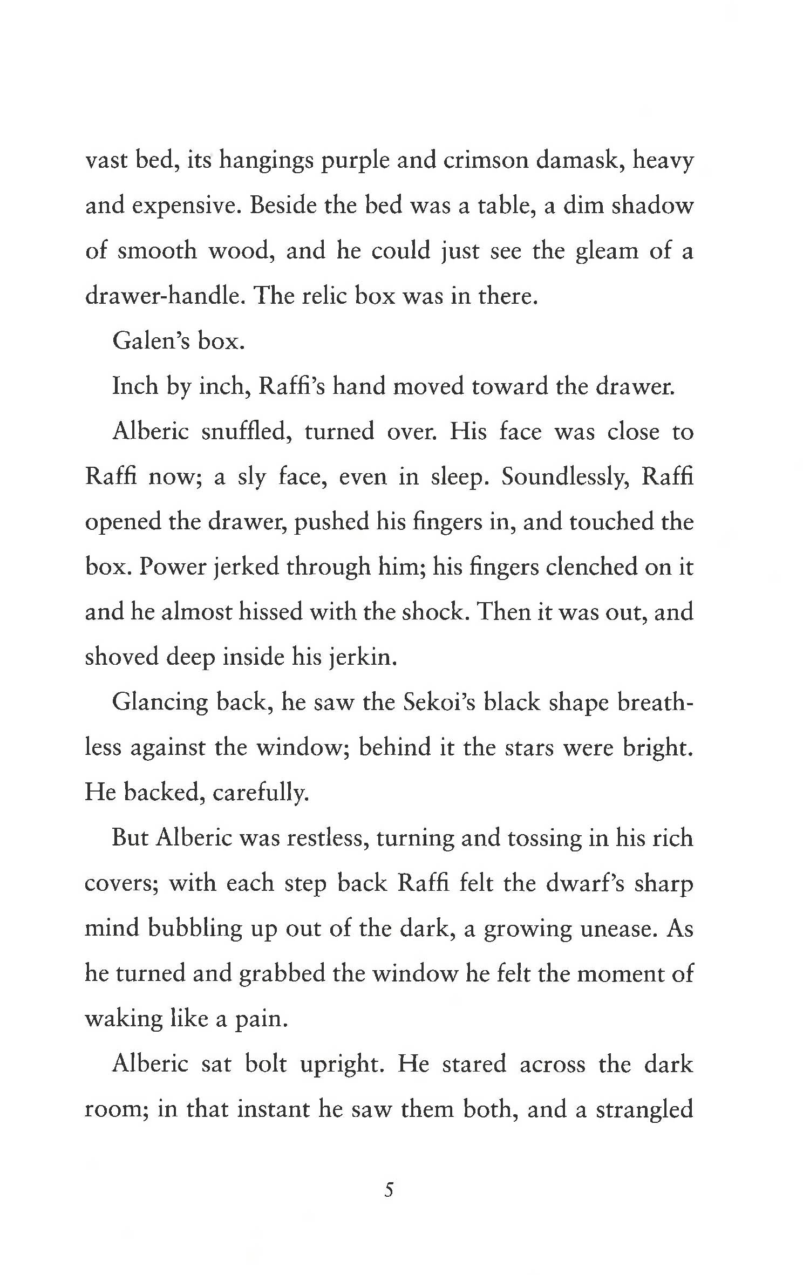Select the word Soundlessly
click(x=563, y=478)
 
